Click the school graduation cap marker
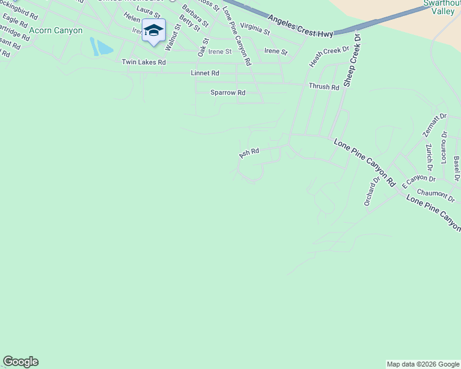pos(153,31)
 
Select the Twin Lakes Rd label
pos(144,62)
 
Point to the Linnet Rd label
pos(205,73)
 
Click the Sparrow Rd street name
pos(228,93)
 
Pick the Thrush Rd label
pos(324,87)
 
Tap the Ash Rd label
pos(249,152)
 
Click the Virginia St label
pos(255,28)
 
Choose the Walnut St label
pos(173,37)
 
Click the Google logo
pos(20,362)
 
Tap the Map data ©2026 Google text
pos(423,364)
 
